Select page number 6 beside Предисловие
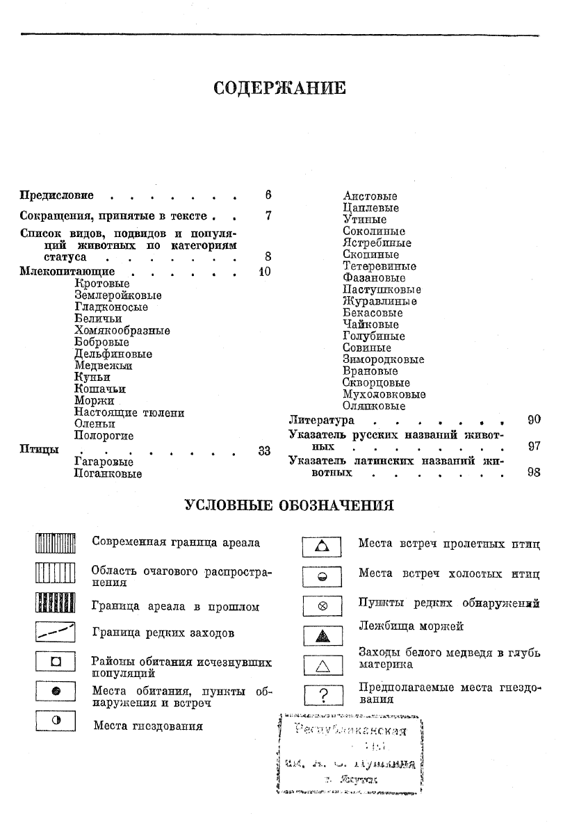tap(268, 196)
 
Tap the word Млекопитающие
tap(67, 271)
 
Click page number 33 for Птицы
tap(264, 450)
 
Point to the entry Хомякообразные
tap(122, 330)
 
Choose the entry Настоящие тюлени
tap(129, 412)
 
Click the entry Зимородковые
tap(383, 359)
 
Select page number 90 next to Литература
tap(534, 420)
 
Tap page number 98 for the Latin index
tap(534, 473)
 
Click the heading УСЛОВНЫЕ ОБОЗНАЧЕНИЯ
tap(288, 505)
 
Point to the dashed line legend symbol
tap(55, 633)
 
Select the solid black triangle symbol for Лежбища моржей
tap(322, 635)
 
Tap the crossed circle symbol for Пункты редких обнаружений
tap(322, 605)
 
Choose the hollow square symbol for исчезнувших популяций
tap(55, 662)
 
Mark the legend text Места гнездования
tap(148, 726)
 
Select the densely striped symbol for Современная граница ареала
tap(55, 542)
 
